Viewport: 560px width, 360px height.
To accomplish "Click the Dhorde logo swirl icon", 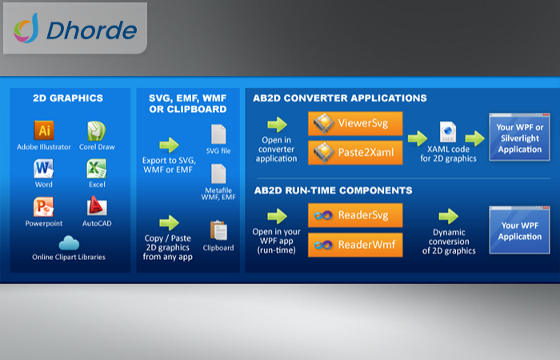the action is tap(26, 29).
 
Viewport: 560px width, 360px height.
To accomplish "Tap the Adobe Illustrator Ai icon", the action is tap(44, 130).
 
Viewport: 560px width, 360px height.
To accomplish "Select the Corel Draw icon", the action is tap(97, 131).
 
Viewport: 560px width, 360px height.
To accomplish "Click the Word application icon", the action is tap(43, 169).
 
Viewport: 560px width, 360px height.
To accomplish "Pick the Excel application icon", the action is tap(97, 169).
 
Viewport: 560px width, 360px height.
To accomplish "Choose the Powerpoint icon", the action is tap(43, 206).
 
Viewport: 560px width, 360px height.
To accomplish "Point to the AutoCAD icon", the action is tap(97, 206).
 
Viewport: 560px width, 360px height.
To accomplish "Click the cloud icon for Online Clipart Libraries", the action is tap(69, 243).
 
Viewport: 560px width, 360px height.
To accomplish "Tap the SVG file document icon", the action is tap(218, 134).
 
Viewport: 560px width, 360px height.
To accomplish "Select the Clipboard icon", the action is tap(218, 230).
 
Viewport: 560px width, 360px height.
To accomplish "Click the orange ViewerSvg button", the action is tap(355, 123).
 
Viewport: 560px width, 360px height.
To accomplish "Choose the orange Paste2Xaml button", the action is tap(355, 153).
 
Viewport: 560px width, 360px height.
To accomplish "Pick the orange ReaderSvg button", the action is tap(355, 215).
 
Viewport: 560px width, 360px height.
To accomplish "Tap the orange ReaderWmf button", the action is tap(355, 245).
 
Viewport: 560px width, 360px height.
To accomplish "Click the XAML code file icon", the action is tap(448, 132).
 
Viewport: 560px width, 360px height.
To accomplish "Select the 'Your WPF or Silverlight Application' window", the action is tap(520, 137).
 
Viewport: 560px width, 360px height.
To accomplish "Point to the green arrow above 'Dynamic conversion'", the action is tap(449, 217).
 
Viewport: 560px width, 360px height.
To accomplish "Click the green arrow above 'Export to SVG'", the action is tap(169, 145).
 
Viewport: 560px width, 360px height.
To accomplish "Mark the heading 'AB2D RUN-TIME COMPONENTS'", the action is tap(334, 190).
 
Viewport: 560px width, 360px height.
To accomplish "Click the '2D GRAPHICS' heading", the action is tap(68, 98).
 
